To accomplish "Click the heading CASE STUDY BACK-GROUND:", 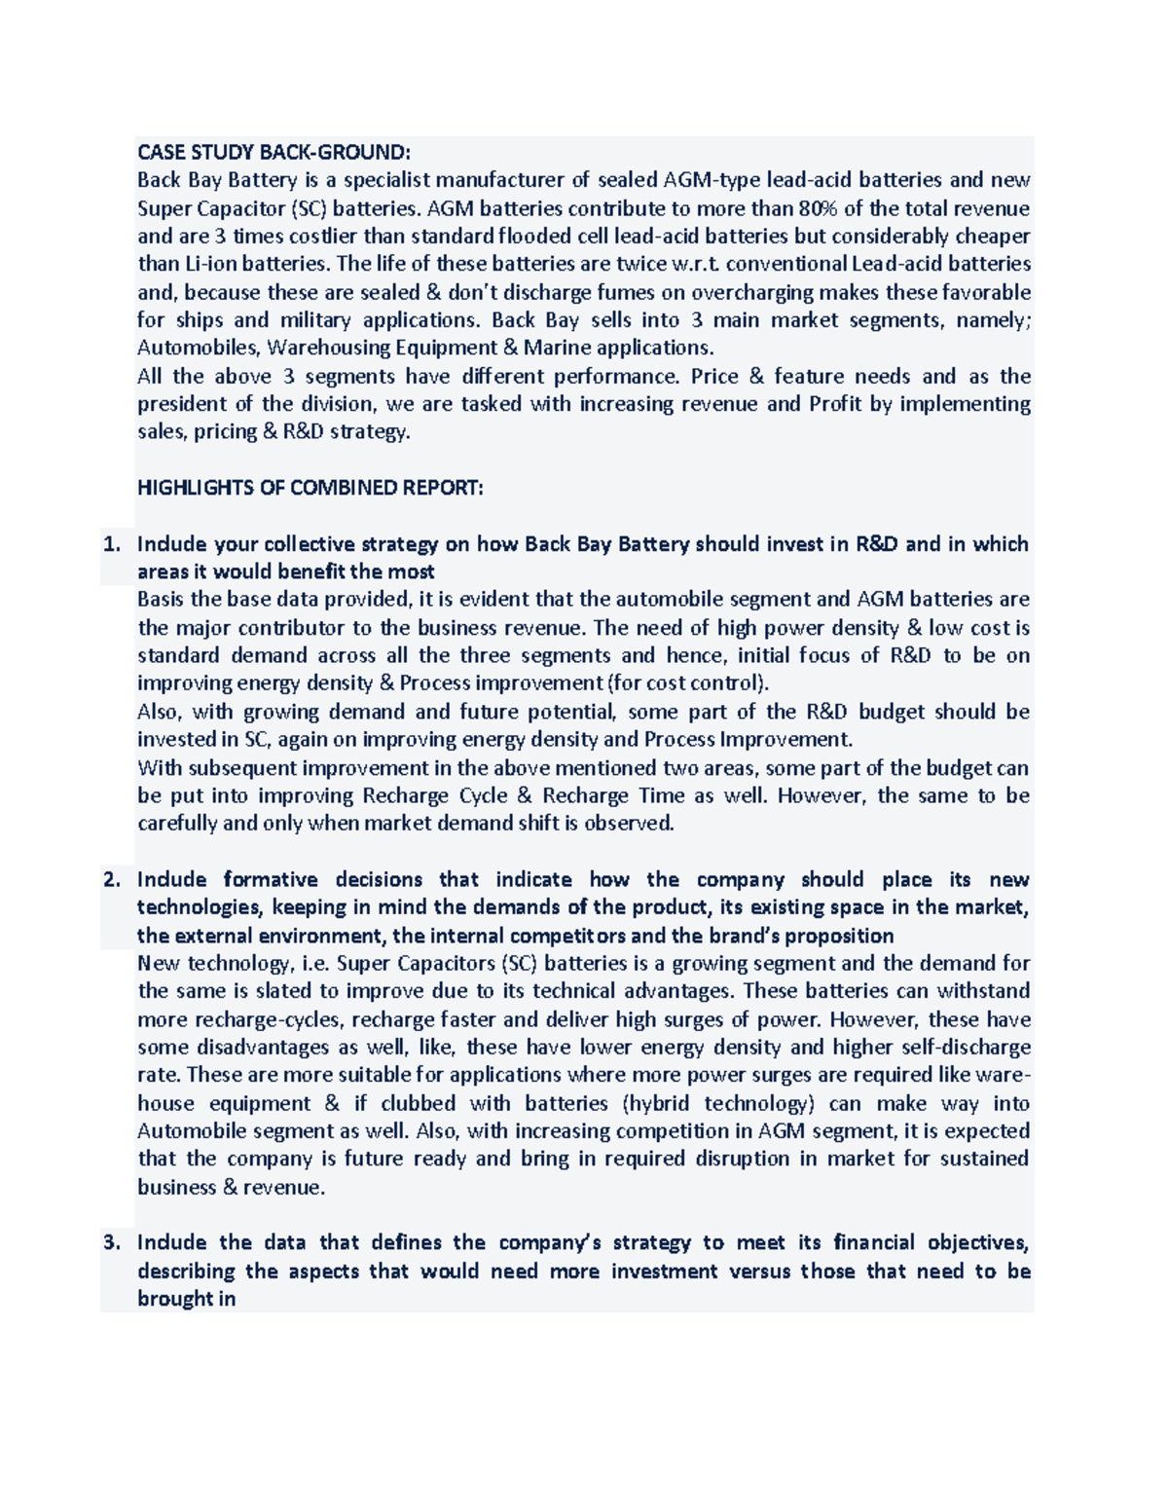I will [274, 152].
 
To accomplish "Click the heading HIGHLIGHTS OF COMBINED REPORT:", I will [310, 488].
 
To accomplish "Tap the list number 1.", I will [112, 544].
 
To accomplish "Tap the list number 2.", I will [112, 880].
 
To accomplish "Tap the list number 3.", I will [112, 1243].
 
